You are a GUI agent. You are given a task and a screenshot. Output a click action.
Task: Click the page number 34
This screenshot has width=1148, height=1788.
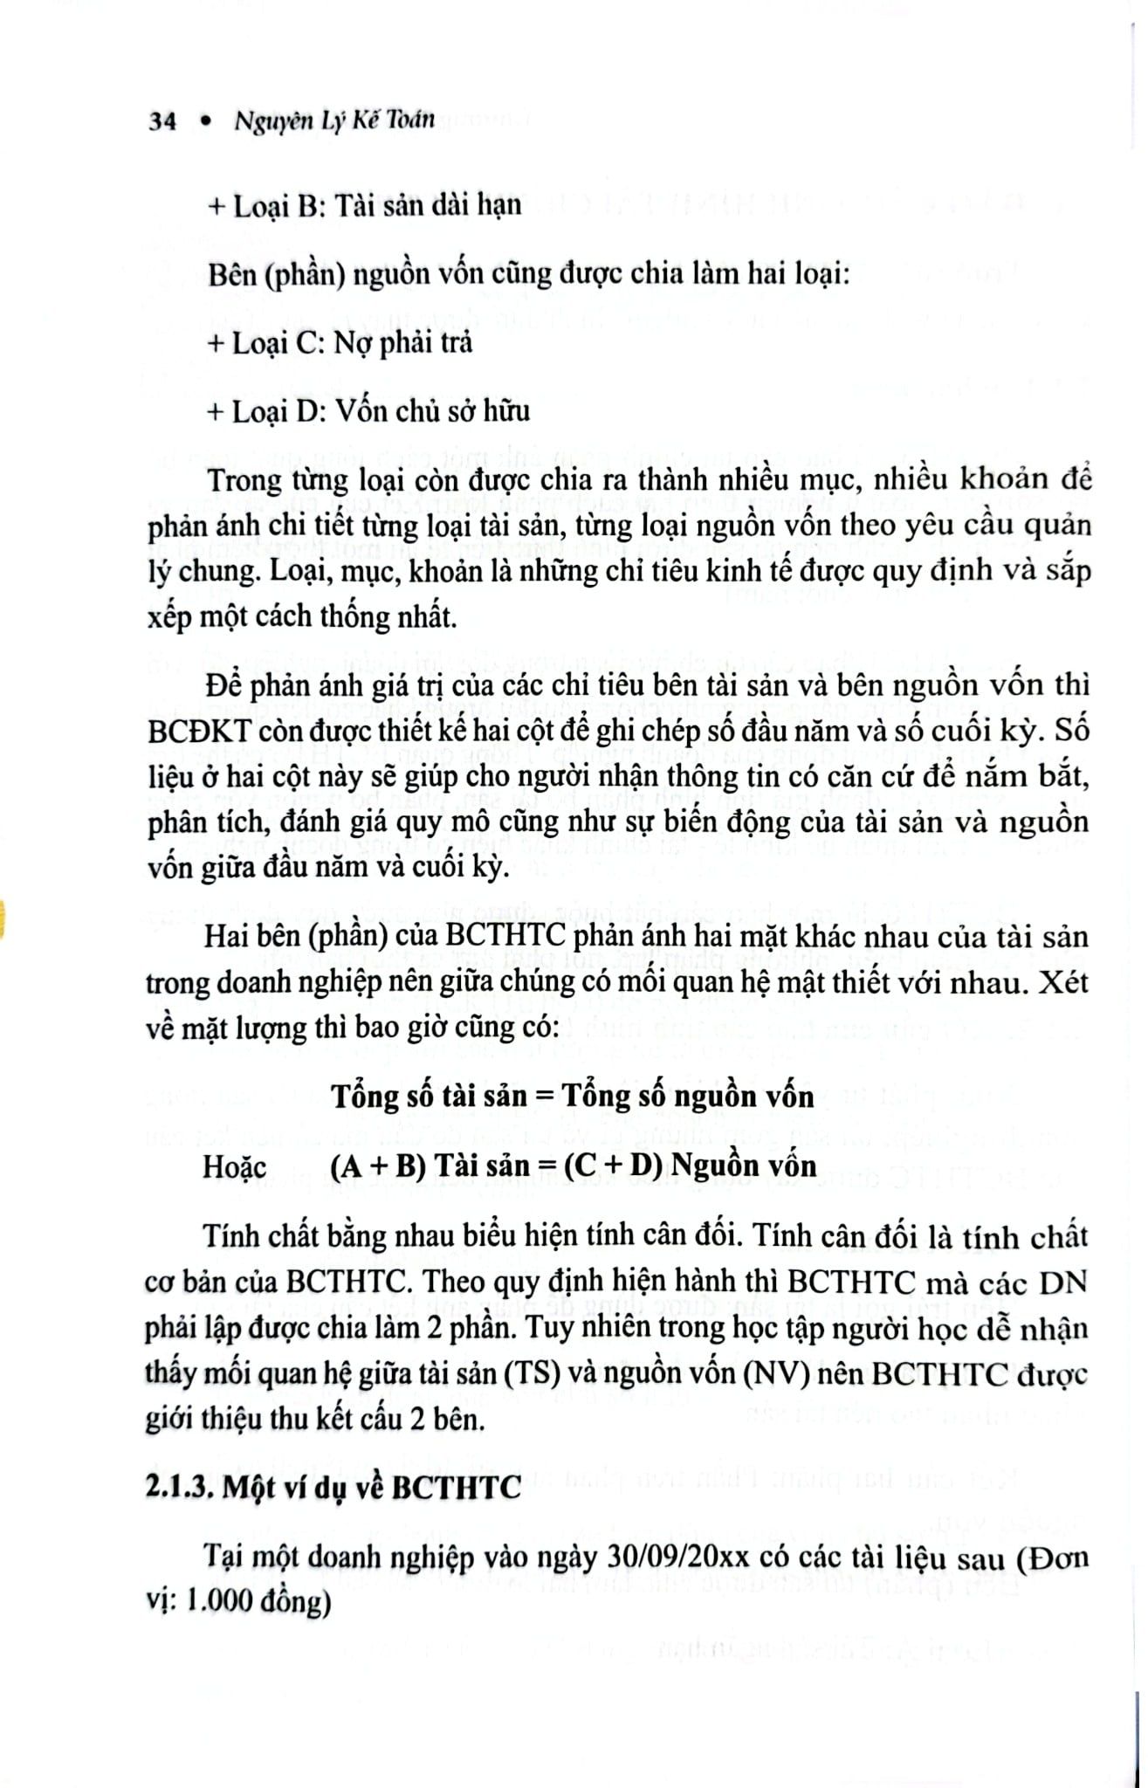click(x=162, y=120)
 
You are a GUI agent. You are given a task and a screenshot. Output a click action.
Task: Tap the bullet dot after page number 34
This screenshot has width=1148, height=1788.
click(x=206, y=122)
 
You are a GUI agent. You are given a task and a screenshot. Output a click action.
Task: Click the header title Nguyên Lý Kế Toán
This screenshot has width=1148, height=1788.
click(x=334, y=120)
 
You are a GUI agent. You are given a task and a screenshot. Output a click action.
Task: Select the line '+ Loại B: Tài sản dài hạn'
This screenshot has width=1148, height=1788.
click(x=364, y=205)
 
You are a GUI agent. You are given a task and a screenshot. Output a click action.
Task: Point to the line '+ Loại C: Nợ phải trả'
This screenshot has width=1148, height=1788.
click(x=340, y=342)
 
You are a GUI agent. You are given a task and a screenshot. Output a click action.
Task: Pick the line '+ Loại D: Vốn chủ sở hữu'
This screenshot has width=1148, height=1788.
click(x=368, y=410)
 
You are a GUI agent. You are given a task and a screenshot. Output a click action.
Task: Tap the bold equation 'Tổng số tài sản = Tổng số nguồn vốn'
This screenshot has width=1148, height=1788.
click(x=573, y=1096)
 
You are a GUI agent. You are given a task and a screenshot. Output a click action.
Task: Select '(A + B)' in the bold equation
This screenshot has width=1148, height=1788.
click(x=379, y=1166)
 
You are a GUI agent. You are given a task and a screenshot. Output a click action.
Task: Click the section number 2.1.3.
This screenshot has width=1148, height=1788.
click(x=179, y=1485)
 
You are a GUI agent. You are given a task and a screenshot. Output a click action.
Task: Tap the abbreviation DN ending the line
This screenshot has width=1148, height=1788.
click(x=1064, y=1283)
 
